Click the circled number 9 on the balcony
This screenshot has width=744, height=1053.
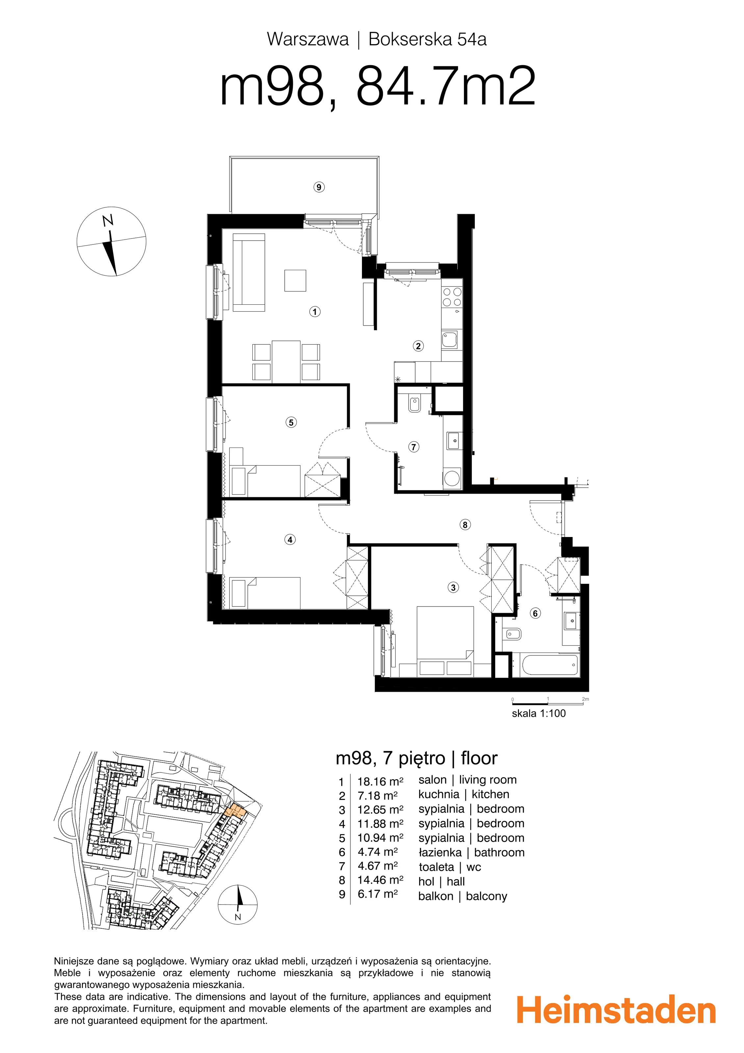319,187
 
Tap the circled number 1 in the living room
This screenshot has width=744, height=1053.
315,312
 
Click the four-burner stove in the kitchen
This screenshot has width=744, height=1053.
452,297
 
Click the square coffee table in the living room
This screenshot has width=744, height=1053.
295,280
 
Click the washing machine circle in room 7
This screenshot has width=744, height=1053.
452,478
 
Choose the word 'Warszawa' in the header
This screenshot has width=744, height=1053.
308,39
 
